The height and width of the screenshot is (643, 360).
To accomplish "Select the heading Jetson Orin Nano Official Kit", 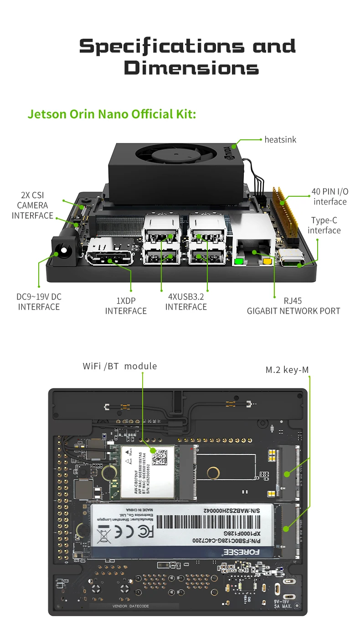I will point(112,114).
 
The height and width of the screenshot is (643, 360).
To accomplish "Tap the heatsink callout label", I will point(280,140).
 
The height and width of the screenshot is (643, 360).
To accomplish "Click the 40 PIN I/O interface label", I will point(330,196).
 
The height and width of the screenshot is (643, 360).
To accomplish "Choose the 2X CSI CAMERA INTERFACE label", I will point(32,205).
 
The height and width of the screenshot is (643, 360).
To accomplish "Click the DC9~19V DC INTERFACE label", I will point(39,302).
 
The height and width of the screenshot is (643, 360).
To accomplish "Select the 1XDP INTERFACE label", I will point(126,306).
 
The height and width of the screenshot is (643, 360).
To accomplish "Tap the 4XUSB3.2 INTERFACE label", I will point(186,302).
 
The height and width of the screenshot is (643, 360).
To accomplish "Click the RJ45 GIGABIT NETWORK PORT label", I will point(293,306).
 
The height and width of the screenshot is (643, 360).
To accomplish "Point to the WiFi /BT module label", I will point(120,366).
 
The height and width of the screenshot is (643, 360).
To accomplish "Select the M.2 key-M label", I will point(287,370).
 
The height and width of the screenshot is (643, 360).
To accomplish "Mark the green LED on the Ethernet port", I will point(238,262).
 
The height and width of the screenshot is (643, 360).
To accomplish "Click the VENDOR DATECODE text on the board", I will point(131,606).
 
